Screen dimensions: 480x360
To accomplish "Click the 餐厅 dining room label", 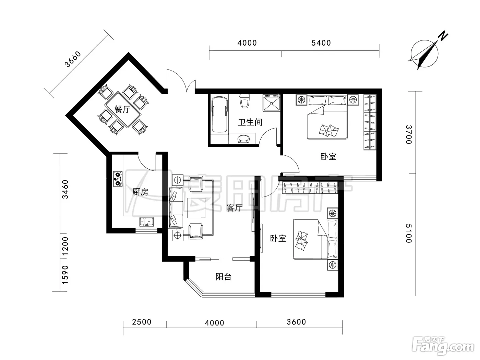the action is coord(122,109).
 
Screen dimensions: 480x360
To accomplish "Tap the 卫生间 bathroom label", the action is coord(250,122).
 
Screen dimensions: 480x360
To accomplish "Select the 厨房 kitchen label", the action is coord(140,192).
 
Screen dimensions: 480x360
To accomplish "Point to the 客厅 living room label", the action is coord(234,208).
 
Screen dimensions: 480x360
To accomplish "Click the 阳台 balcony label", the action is coord(223,277).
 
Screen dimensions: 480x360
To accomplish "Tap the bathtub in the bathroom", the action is coord(219,114).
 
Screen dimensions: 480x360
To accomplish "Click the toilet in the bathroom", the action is coord(245,101).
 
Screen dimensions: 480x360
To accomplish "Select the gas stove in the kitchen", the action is coord(118,179).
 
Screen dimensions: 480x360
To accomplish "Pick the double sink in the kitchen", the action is coord(147,221).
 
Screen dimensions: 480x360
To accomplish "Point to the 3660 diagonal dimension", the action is coord(73,59).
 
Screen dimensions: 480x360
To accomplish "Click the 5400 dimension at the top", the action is coord(321,43).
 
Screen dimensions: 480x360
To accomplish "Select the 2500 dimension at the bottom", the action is coord(142,322).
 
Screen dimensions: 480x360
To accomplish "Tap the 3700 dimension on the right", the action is coord(408,134).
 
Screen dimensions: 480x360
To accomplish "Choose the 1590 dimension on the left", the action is coord(65,275).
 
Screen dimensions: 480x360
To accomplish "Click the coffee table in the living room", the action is coord(196,208).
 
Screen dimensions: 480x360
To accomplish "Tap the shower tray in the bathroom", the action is coord(272,103).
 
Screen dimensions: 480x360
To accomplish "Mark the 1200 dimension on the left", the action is coord(65,246).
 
